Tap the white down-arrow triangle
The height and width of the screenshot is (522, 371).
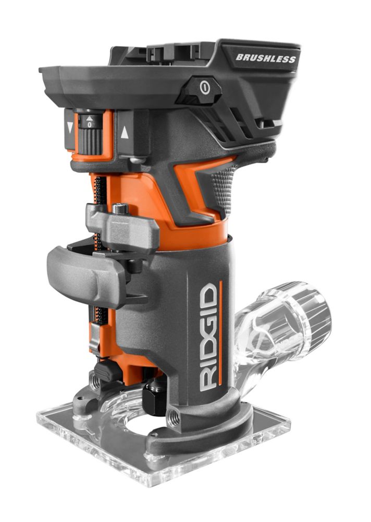point(70,127)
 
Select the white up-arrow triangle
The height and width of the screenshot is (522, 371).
point(125,133)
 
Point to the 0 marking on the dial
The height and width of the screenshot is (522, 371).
point(89,125)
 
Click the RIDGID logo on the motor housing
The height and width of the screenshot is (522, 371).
point(209,337)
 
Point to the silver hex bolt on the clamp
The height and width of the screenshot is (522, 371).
point(120,209)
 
